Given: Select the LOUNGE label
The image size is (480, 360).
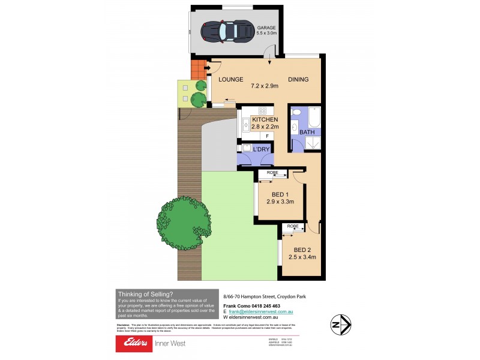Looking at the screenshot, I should (230, 79).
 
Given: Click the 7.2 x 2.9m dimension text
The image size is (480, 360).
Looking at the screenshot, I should (265, 86).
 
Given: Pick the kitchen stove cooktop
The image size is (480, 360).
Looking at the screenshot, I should (262, 110).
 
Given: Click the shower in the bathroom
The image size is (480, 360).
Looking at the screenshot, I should (313, 143).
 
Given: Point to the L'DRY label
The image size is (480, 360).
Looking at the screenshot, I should (261, 148).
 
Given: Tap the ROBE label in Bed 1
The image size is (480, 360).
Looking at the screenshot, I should (272, 173).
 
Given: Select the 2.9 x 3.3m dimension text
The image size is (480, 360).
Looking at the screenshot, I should (280, 202).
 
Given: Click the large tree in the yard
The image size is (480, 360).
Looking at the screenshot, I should (185, 223).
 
